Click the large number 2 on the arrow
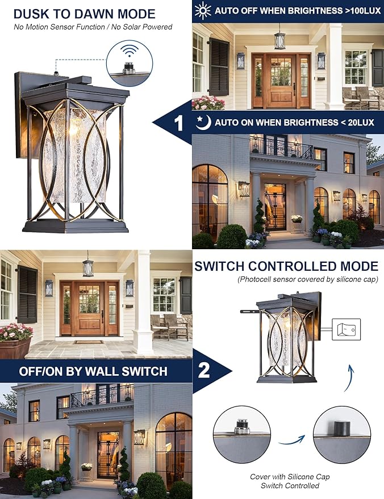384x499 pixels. [203, 370]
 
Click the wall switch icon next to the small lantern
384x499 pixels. [347, 329]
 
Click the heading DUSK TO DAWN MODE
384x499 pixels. [84, 14]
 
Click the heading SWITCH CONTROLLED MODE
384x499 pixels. [286, 266]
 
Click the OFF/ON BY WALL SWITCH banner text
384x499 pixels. [93, 372]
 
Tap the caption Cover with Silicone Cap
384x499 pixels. [290, 477]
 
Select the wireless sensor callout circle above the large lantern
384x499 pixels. [129, 57]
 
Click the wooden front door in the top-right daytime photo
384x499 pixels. [281, 80]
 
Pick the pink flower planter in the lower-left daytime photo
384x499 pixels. [15, 341]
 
